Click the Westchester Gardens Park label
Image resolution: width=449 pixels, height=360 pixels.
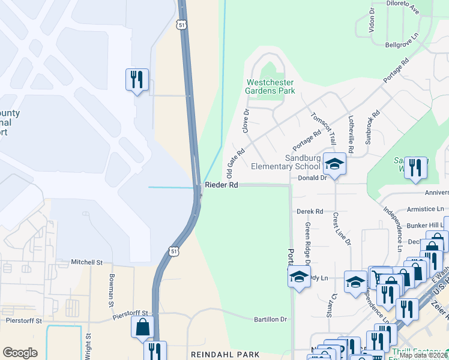coord(270,86)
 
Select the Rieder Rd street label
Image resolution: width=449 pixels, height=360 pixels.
coord(221,185)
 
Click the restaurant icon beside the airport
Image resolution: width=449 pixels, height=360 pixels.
coord(136,79)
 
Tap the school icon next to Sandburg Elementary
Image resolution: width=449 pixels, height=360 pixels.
coord(334,163)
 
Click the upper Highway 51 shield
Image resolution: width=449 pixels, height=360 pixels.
coord(181,24)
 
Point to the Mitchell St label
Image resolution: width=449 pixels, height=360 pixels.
coord(87,262)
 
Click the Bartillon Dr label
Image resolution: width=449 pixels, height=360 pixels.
coord(271,319)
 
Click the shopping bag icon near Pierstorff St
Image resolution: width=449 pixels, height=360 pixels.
coord(143,326)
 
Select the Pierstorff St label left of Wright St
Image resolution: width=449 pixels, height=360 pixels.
coord(23,320)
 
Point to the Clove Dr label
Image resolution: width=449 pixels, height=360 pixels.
coord(246,121)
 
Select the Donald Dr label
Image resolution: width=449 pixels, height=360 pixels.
coord(312,178)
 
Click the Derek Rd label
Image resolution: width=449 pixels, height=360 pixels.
coord(310,211)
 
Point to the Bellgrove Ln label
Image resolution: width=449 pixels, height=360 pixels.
coord(401,45)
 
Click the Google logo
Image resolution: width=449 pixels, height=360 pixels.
coord(20,352)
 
